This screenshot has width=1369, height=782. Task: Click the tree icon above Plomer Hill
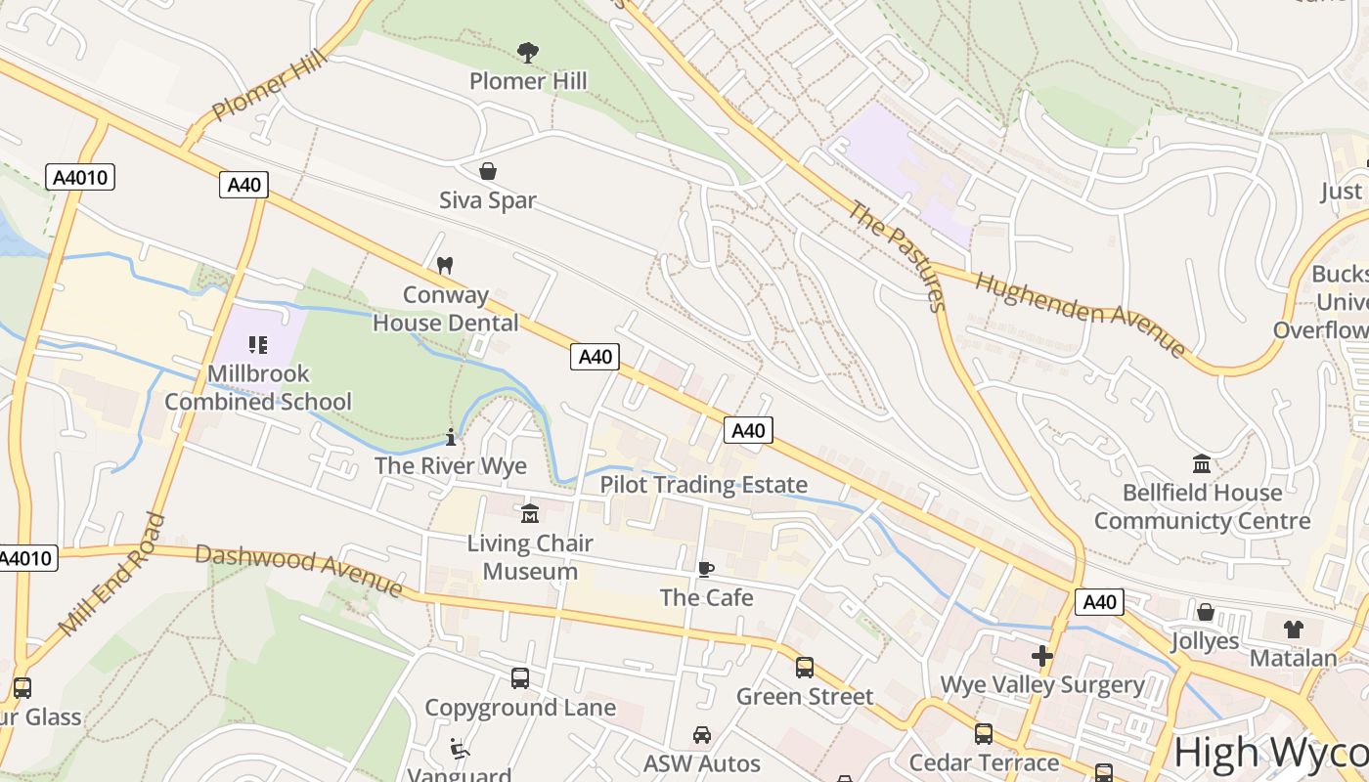point(528,52)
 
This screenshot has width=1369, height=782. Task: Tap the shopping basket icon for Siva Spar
point(488,172)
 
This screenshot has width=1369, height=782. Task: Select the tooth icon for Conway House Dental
point(445,265)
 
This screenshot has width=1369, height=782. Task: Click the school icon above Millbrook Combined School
point(258,344)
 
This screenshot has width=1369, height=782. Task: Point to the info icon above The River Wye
point(451,437)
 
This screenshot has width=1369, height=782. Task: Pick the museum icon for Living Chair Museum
point(530,513)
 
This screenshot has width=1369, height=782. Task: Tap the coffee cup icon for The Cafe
point(706,569)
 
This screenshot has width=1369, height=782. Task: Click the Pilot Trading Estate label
point(703,485)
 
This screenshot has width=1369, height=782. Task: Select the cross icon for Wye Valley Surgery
point(1042,655)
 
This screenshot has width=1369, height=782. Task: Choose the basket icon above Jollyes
point(1206,612)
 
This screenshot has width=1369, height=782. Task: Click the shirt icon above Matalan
point(1293,629)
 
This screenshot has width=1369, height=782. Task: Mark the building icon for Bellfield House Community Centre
point(1202,463)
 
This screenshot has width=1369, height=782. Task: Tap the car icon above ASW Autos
point(702,734)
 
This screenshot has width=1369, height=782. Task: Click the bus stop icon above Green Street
point(804,668)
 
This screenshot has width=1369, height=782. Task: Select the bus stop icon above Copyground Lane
point(520,677)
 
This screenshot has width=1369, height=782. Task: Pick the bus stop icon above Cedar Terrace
point(984,733)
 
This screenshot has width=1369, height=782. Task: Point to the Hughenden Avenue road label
point(1081,313)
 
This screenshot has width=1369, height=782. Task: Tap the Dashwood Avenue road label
point(299,569)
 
